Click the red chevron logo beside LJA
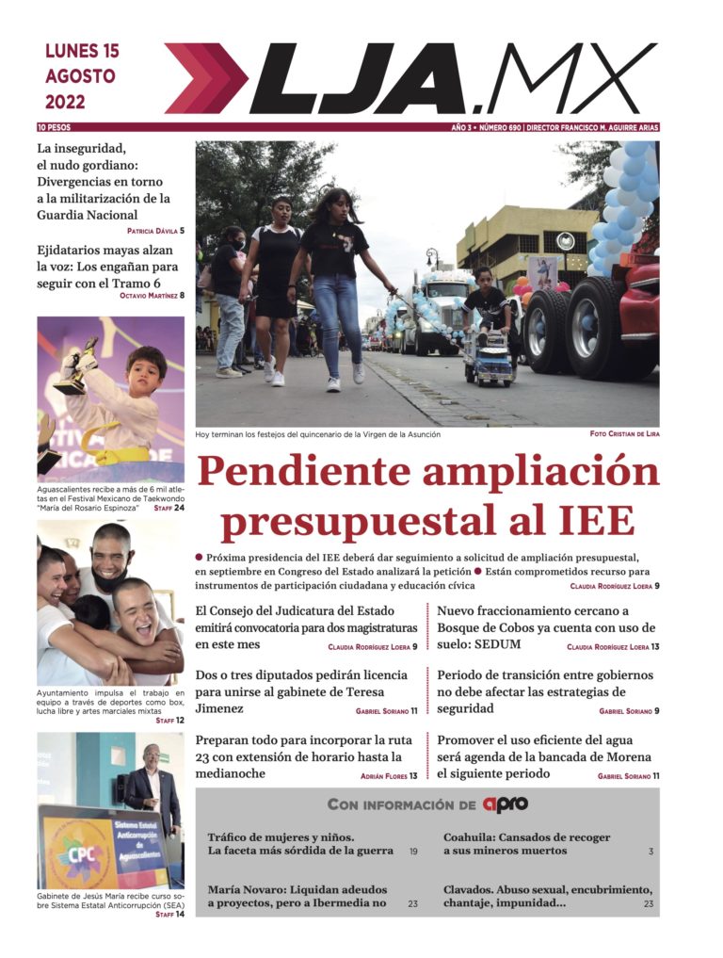(205, 78)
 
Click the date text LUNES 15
(82, 52)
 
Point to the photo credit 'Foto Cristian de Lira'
(623, 434)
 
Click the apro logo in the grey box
(505, 804)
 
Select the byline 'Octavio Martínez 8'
(152, 296)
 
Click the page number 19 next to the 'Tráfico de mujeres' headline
(413, 852)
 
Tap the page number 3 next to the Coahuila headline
(650, 852)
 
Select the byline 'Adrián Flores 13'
(390, 776)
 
